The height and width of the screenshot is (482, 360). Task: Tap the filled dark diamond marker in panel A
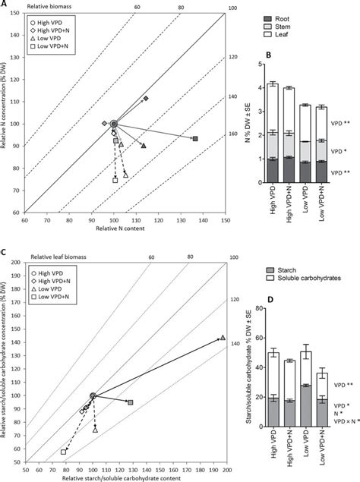click(x=146, y=99)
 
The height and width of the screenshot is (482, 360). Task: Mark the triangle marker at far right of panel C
click(x=223, y=338)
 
